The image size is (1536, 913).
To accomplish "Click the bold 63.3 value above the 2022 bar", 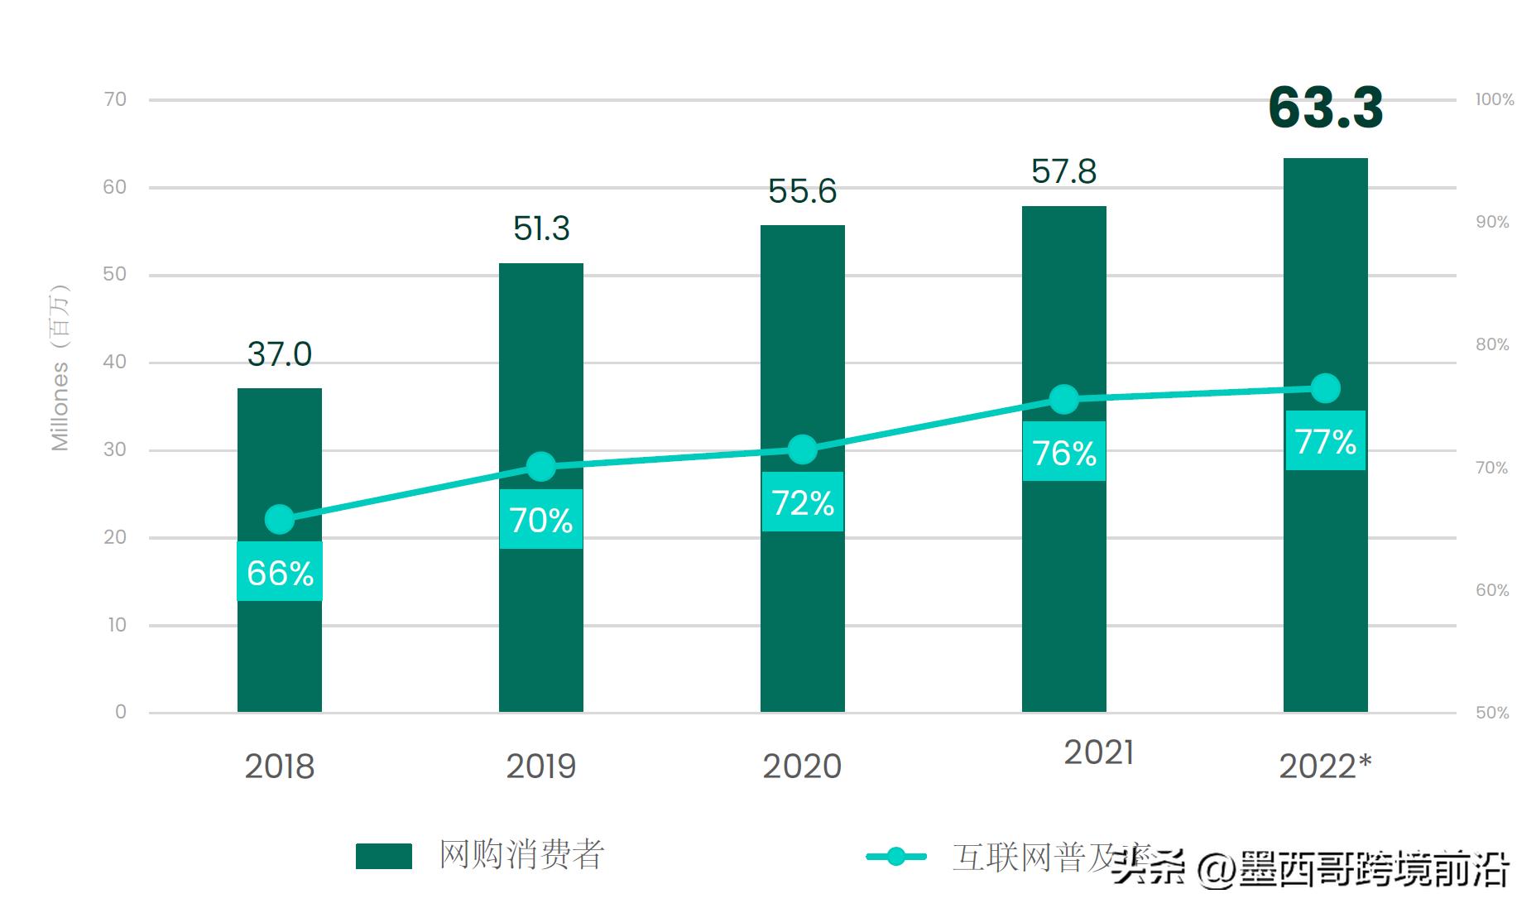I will coord(1325,108).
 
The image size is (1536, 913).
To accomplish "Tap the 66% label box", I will coord(280,572).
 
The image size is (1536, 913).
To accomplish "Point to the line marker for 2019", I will coord(540,467).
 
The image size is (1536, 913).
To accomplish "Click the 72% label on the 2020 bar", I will coord(802,502).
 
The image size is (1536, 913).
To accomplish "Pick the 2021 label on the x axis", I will coord(1098,752).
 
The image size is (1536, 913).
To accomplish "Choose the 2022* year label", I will coord(1324,766).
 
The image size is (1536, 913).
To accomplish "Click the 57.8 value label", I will coord(1063,172).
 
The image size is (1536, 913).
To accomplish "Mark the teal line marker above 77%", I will coord(1325,388).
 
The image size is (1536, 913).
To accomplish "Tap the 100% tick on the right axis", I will coord(1494,99).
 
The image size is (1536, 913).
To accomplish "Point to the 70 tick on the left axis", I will coord(115,99).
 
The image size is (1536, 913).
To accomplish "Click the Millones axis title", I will coord(60,368).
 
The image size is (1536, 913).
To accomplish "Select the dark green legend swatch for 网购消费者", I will coord(383,856).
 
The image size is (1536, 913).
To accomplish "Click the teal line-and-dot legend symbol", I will coord(895,857).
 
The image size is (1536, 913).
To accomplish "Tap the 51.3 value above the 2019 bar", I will coord(541,228).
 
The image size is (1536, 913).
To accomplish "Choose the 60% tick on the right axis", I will coord(1492,590).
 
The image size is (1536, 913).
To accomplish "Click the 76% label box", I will coord(1063,452).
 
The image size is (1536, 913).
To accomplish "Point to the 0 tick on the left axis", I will coord(121,712).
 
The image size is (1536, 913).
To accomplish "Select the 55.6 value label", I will coord(802,191).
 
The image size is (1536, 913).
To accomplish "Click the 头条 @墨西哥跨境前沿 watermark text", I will coord(1311,869).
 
